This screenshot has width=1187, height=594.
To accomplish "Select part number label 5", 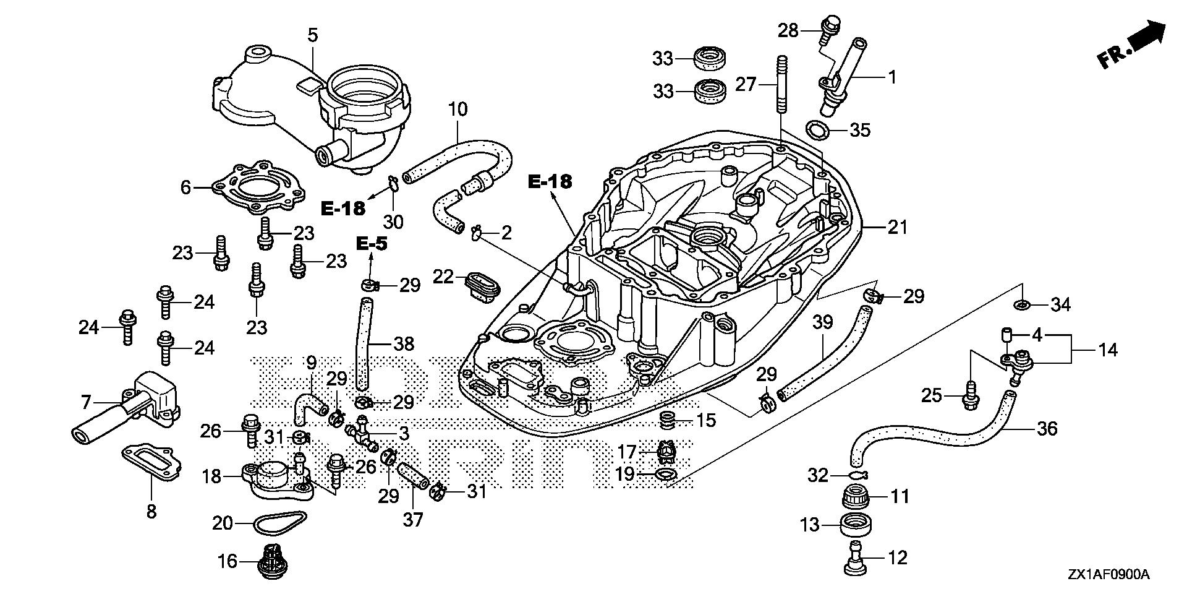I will (313, 35).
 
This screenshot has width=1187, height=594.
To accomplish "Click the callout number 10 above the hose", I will (457, 110).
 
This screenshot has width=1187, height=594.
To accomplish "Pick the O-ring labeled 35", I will (820, 130).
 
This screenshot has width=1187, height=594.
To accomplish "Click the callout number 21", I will (897, 228).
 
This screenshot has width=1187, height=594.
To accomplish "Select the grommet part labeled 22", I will (482, 286).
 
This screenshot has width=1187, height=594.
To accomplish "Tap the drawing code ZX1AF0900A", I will (1108, 575).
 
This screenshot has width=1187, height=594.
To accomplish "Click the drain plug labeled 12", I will (856, 557).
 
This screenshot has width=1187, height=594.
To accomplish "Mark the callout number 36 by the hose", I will (1047, 428).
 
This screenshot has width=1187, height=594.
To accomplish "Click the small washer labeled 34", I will (1021, 304).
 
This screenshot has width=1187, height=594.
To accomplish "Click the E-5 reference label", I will (372, 244).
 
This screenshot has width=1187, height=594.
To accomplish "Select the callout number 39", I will (823, 323).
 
